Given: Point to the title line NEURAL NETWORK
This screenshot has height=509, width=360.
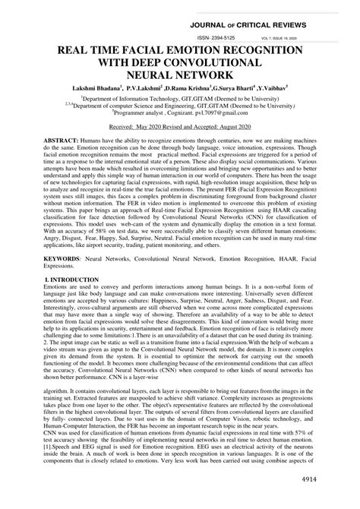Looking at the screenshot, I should pyautogui.click(x=180, y=75).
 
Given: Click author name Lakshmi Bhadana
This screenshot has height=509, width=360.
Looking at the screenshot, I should pyautogui.click(x=96, y=90).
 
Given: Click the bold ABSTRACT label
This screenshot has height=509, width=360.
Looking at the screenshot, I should pyautogui.click(x=52, y=143).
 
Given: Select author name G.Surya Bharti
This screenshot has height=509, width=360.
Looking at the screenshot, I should pyautogui.click(x=230, y=90).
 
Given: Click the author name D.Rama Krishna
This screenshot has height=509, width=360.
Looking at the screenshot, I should pyautogui.click(x=178, y=90).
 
